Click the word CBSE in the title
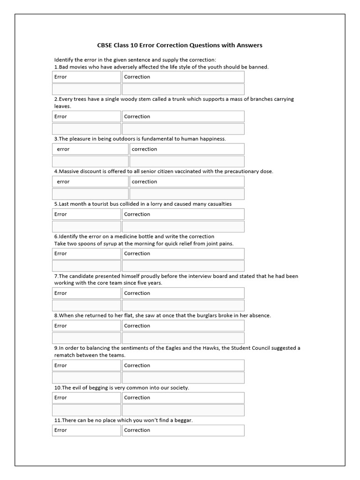(105, 45)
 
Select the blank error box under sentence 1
(86, 89)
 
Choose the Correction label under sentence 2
(137, 117)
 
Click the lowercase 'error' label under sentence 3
(63, 149)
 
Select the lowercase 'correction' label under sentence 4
(144, 182)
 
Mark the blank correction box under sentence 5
(183, 226)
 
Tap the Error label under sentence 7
(60, 293)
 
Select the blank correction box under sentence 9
(183, 378)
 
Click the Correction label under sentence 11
(137, 430)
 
